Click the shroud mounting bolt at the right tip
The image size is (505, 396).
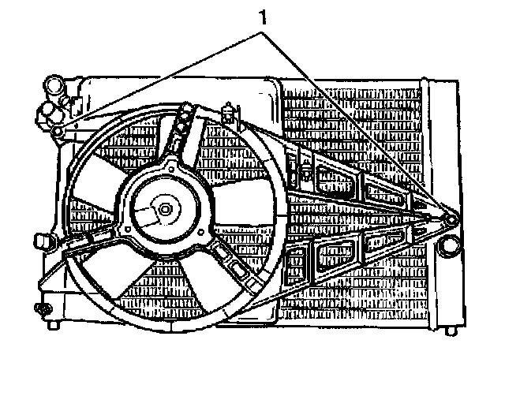click(x=452, y=220)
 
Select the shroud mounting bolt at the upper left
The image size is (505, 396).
click(x=58, y=131)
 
